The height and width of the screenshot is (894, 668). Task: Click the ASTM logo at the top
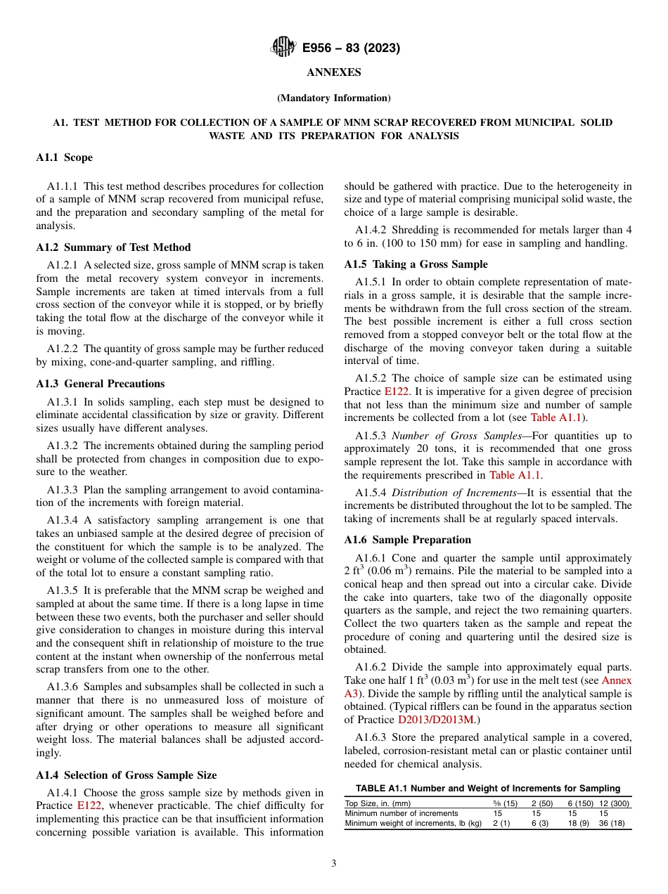[x=283, y=48]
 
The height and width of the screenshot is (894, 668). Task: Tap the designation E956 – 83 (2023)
[x=351, y=48]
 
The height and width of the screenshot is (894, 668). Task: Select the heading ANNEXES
[x=333, y=72]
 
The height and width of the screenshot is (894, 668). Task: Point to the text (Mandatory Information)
[x=333, y=98]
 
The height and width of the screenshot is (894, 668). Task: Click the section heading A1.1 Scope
[x=64, y=157]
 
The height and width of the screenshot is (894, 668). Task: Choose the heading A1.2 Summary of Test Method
[x=113, y=247]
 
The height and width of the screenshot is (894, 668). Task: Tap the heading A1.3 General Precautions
[x=100, y=384]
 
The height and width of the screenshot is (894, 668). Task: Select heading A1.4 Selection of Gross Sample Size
[x=126, y=775]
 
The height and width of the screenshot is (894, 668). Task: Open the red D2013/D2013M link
[x=436, y=720]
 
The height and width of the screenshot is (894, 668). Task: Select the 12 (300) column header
[x=614, y=803]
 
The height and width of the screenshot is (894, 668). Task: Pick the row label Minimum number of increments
[x=401, y=813]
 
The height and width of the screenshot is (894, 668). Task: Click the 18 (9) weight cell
[x=578, y=823]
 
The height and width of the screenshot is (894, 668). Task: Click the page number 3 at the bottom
[x=333, y=864]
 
